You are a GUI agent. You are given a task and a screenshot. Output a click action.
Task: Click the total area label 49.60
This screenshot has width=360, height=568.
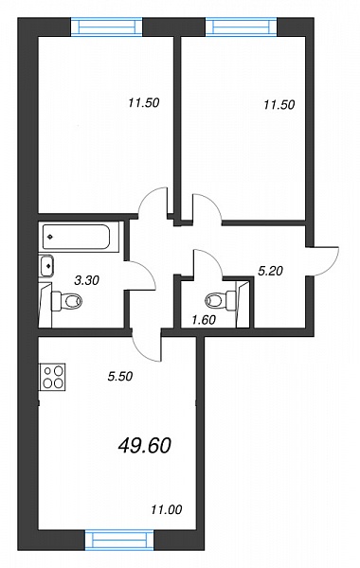point(144,445)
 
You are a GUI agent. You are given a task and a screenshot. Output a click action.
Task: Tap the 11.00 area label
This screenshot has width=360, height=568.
point(167,510)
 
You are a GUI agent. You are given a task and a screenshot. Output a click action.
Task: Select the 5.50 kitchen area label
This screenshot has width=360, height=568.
point(120,377)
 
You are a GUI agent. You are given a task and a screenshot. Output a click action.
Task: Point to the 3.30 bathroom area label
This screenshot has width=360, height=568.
point(86,279)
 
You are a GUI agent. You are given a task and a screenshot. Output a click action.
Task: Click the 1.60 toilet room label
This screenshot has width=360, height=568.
point(204,320)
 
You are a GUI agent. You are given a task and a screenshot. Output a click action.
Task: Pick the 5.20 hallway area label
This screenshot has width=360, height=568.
point(270,270)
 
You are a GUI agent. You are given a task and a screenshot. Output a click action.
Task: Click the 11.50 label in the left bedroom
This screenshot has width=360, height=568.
point(144,103)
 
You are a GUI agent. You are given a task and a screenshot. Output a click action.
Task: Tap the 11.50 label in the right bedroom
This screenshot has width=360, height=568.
point(279,105)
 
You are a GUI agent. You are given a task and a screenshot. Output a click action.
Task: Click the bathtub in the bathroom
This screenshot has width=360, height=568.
point(76,237)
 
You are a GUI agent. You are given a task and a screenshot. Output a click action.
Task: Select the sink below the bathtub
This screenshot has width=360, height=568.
point(46,266)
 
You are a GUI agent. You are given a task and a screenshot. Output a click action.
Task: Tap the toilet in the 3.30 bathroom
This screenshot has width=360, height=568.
point(67,300)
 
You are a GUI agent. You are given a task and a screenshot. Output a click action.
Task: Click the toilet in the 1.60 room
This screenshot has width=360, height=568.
point(220,300)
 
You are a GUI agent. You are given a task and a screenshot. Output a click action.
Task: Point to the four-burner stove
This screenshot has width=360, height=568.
point(53,377)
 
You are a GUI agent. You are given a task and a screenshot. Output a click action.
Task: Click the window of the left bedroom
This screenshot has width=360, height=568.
point(106,27)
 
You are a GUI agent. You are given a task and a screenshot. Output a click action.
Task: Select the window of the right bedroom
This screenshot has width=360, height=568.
point(242,27)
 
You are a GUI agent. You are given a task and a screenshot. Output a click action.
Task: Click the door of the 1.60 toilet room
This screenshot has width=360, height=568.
point(207,263)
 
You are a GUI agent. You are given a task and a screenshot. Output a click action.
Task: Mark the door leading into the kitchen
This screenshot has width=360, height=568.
point(147,346)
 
